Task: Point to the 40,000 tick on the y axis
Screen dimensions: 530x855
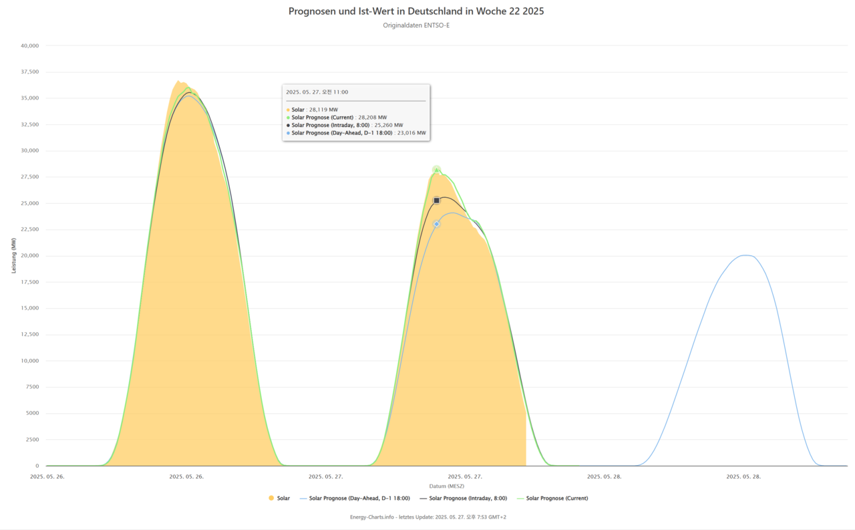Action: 30,46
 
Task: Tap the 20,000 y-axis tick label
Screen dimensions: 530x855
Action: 30,256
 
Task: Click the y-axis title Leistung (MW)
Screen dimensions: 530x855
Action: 13,256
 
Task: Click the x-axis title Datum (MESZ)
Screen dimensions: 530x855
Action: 446,486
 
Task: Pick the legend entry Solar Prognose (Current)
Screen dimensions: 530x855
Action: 557,499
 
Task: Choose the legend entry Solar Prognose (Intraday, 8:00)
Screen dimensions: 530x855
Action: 468,499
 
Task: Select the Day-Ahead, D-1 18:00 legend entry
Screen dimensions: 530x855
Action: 359,499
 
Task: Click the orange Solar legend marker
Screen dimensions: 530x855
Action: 271,499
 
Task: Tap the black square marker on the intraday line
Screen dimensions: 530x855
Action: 437,201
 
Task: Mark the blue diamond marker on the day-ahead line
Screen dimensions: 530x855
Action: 437,224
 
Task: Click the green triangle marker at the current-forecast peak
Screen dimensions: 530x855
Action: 437,170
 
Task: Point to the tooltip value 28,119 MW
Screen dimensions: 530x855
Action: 323,110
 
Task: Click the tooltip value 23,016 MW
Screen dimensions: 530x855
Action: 411,133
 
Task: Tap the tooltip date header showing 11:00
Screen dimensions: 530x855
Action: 317,92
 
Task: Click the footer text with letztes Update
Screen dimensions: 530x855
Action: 427,517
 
